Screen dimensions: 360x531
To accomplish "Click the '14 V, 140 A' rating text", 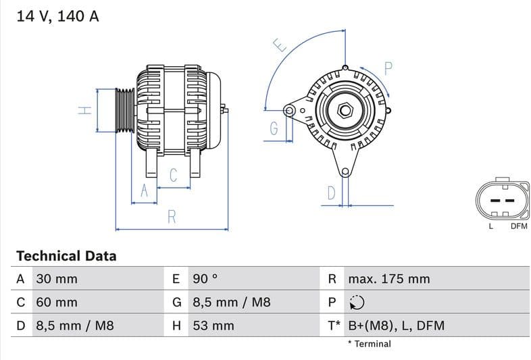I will [57, 17].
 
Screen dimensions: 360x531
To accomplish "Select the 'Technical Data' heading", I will [66, 256].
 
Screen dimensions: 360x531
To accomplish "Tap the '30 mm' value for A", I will [57, 279].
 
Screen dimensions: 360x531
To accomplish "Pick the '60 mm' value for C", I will [57, 303].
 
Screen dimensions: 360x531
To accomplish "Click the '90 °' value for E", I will [205, 279].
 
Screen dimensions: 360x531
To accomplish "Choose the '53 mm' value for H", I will [213, 326].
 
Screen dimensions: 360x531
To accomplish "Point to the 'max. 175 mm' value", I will [388, 279].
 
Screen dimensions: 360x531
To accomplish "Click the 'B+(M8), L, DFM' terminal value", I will [396, 326].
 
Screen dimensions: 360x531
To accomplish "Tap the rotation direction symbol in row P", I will [357, 303].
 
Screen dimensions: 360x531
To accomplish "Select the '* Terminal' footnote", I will [369, 344].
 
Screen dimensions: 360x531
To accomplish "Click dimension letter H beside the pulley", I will [84, 109].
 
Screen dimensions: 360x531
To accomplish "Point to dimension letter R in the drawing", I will [172, 217].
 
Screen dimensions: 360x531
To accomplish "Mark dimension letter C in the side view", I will [173, 176].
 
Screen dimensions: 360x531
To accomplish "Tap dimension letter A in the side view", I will [143, 191].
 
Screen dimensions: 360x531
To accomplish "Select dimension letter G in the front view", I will [274, 128].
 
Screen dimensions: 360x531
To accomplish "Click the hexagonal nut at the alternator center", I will [345, 109].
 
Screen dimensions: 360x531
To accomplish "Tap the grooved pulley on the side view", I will [124, 109].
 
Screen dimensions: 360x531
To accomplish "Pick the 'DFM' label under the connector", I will [518, 226].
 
